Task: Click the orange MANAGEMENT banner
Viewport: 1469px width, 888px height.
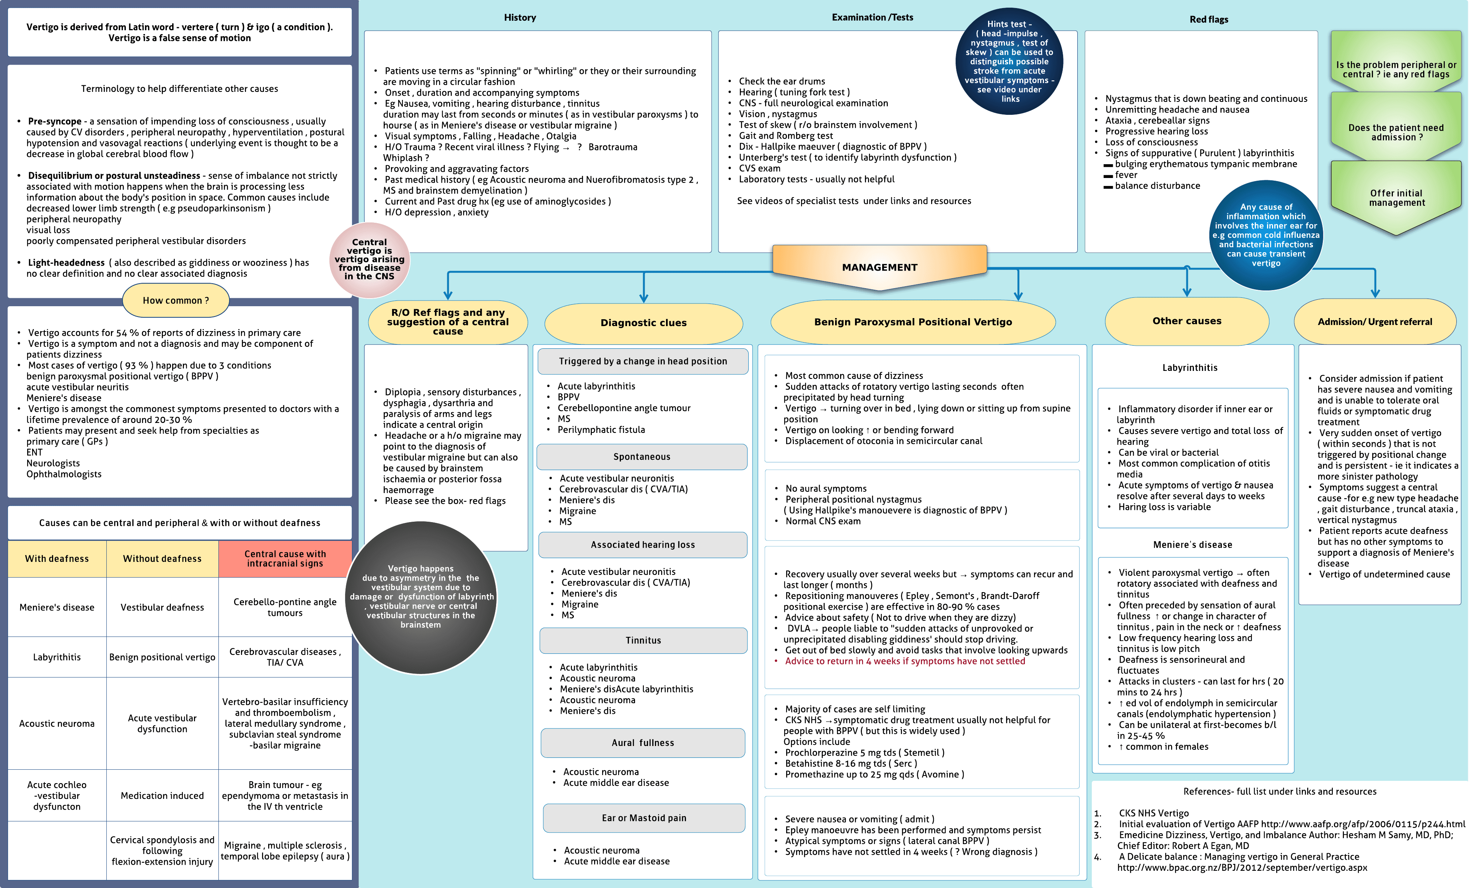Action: [879, 267]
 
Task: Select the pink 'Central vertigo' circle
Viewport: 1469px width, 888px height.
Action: [369, 260]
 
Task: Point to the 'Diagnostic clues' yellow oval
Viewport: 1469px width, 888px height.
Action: [643, 323]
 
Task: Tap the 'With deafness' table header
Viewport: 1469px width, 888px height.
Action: [57, 559]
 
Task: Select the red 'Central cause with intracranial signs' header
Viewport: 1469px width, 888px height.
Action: [285, 559]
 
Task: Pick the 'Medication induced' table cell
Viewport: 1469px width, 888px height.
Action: [162, 795]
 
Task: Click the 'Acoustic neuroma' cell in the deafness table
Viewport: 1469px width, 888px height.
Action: [57, 723]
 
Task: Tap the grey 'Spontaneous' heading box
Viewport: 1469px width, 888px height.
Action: [642, 457]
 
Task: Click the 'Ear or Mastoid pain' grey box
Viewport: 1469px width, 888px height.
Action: [644, 818]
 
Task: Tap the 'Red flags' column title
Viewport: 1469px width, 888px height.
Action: [1208, 20]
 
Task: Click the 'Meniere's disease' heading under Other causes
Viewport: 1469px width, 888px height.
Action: [1192, 545]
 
